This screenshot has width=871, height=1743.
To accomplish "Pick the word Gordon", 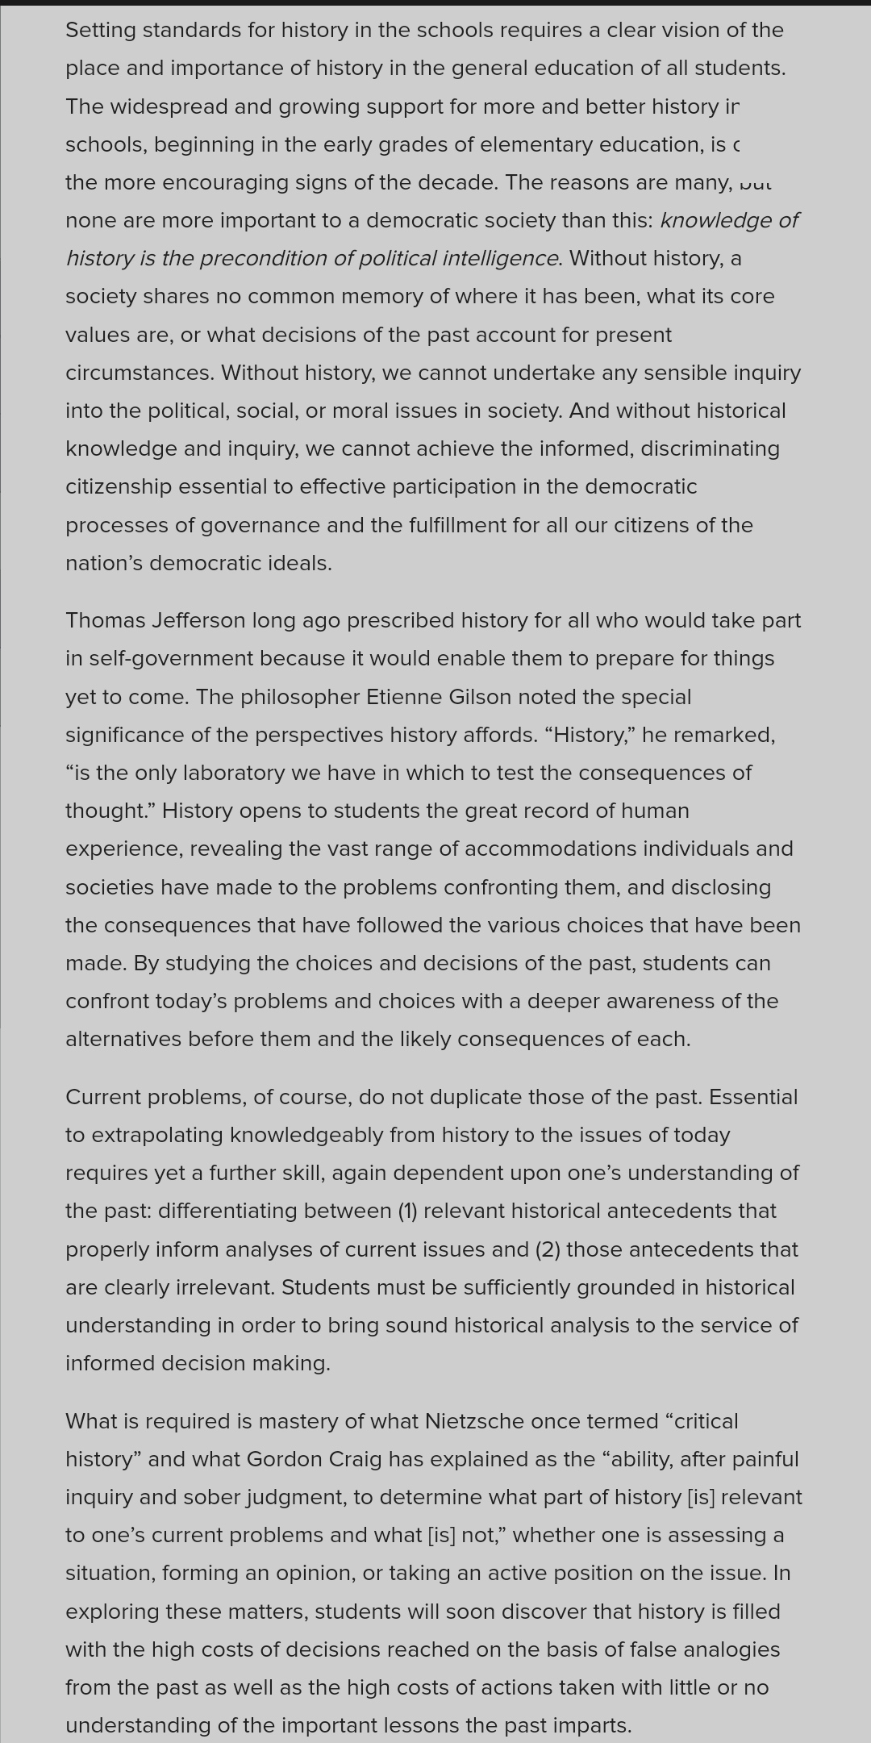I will click(x=282, y=1459).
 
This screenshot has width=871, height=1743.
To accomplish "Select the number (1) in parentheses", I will click(x=407, y=1211).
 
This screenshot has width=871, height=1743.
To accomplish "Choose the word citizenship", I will click(x=119, y=486).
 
